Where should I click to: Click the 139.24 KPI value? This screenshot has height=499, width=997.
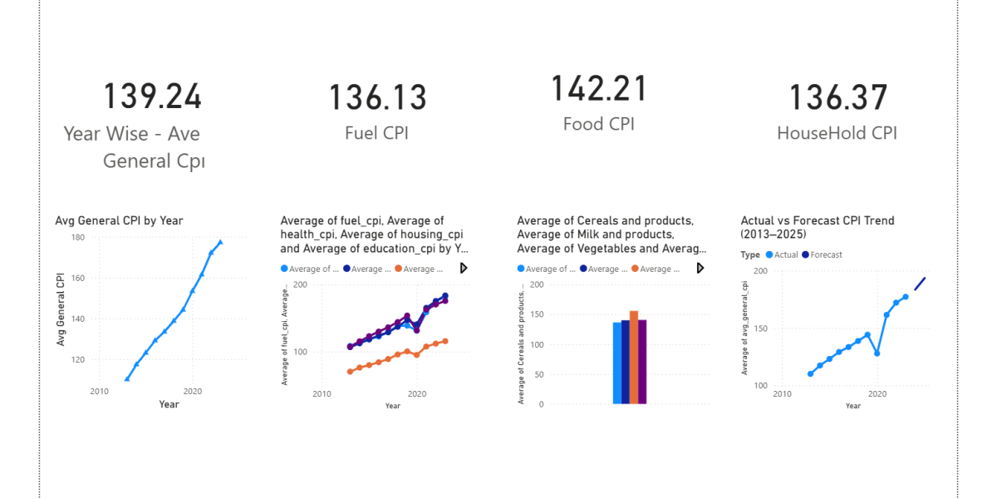point(152,96)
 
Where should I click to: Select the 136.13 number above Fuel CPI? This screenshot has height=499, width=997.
point(377,97)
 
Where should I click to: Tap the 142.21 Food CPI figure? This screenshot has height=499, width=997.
point(598,89)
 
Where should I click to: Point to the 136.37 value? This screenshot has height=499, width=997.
point(837,97)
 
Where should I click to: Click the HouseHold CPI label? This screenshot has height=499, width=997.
point(837,133)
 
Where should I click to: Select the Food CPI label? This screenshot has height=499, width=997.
point(598,124)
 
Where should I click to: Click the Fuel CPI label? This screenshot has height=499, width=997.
point(377,133)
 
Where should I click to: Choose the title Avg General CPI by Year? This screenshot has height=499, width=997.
point(119,220)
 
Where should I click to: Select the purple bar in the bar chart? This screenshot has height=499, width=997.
point(642,362)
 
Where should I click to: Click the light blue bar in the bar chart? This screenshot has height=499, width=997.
point(616,363)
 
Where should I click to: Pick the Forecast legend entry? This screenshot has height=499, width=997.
point(826,254)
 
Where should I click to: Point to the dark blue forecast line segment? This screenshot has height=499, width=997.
point(920,284)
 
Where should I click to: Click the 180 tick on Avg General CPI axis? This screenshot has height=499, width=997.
point(78,238)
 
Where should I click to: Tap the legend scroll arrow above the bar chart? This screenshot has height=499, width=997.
point(700,268)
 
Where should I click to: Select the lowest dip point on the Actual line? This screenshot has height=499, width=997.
point(877,353)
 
